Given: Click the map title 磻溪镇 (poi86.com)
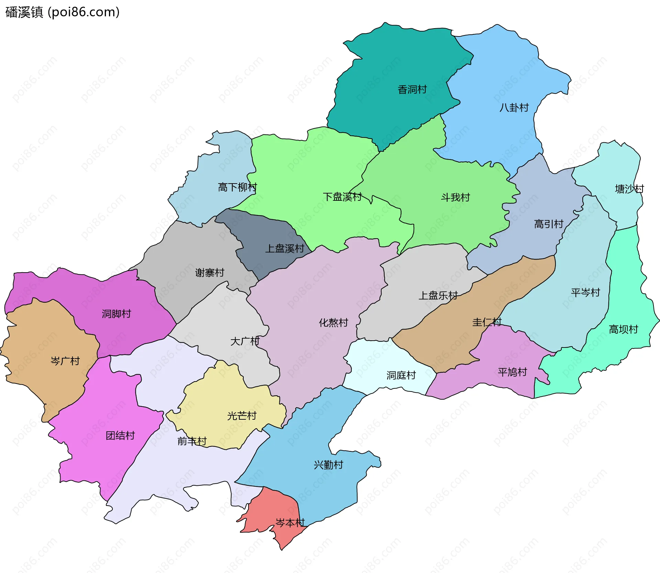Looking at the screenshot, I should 63,12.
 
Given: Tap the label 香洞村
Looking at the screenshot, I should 412,89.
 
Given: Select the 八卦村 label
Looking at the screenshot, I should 514,108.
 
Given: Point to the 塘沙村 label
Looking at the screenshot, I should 629,189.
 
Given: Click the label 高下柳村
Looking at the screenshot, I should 237,187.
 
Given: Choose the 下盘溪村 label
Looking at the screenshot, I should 342,197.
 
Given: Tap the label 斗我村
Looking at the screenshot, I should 455,197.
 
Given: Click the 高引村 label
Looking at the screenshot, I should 548,224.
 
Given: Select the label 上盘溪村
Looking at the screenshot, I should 285,248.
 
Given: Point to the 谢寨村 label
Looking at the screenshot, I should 209,273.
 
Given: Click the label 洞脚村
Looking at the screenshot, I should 116,313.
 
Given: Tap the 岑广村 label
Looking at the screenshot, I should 65,361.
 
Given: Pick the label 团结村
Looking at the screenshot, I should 120,436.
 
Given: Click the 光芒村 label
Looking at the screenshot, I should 242,416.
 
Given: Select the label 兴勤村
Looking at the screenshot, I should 328,465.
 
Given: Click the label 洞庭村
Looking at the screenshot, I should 401,375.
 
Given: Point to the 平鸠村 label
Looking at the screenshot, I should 512,372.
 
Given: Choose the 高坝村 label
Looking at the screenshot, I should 623,329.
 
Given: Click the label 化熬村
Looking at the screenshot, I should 333,322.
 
